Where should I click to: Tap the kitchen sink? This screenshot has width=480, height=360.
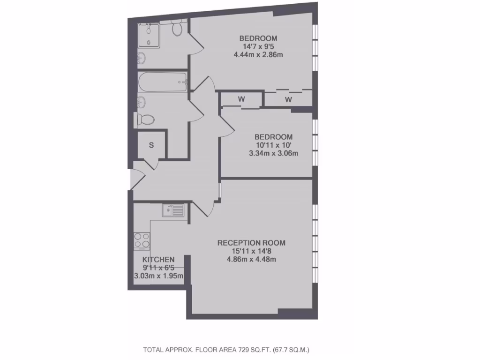pos(173,210)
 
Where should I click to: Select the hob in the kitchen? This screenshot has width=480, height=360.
pos(142,241)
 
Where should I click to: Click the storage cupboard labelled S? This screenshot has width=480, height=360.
pos(151,145)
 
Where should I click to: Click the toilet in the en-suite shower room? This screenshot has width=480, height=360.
pos(177,29)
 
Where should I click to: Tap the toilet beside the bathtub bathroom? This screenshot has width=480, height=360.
pos(145,120)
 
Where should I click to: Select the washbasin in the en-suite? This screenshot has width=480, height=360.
pos(141,59)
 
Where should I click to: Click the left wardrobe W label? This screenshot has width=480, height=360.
pos(241,99)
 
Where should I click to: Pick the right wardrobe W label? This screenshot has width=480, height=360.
pos(288,100)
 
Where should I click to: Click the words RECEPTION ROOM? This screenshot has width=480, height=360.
pos(251,243)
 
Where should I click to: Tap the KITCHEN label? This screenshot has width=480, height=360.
pos(158,260)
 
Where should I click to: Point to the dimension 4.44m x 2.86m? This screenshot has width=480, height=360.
pos(258,55)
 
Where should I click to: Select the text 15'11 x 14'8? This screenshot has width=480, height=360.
pos(251,251)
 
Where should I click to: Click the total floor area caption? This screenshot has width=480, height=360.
pos(226,350)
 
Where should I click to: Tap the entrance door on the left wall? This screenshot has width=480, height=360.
pos(132,180)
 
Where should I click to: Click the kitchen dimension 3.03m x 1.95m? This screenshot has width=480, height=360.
pos(159,276)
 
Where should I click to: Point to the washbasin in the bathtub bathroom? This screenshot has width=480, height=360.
pos(141,101)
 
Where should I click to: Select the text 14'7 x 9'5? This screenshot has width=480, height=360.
pos(258,47)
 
